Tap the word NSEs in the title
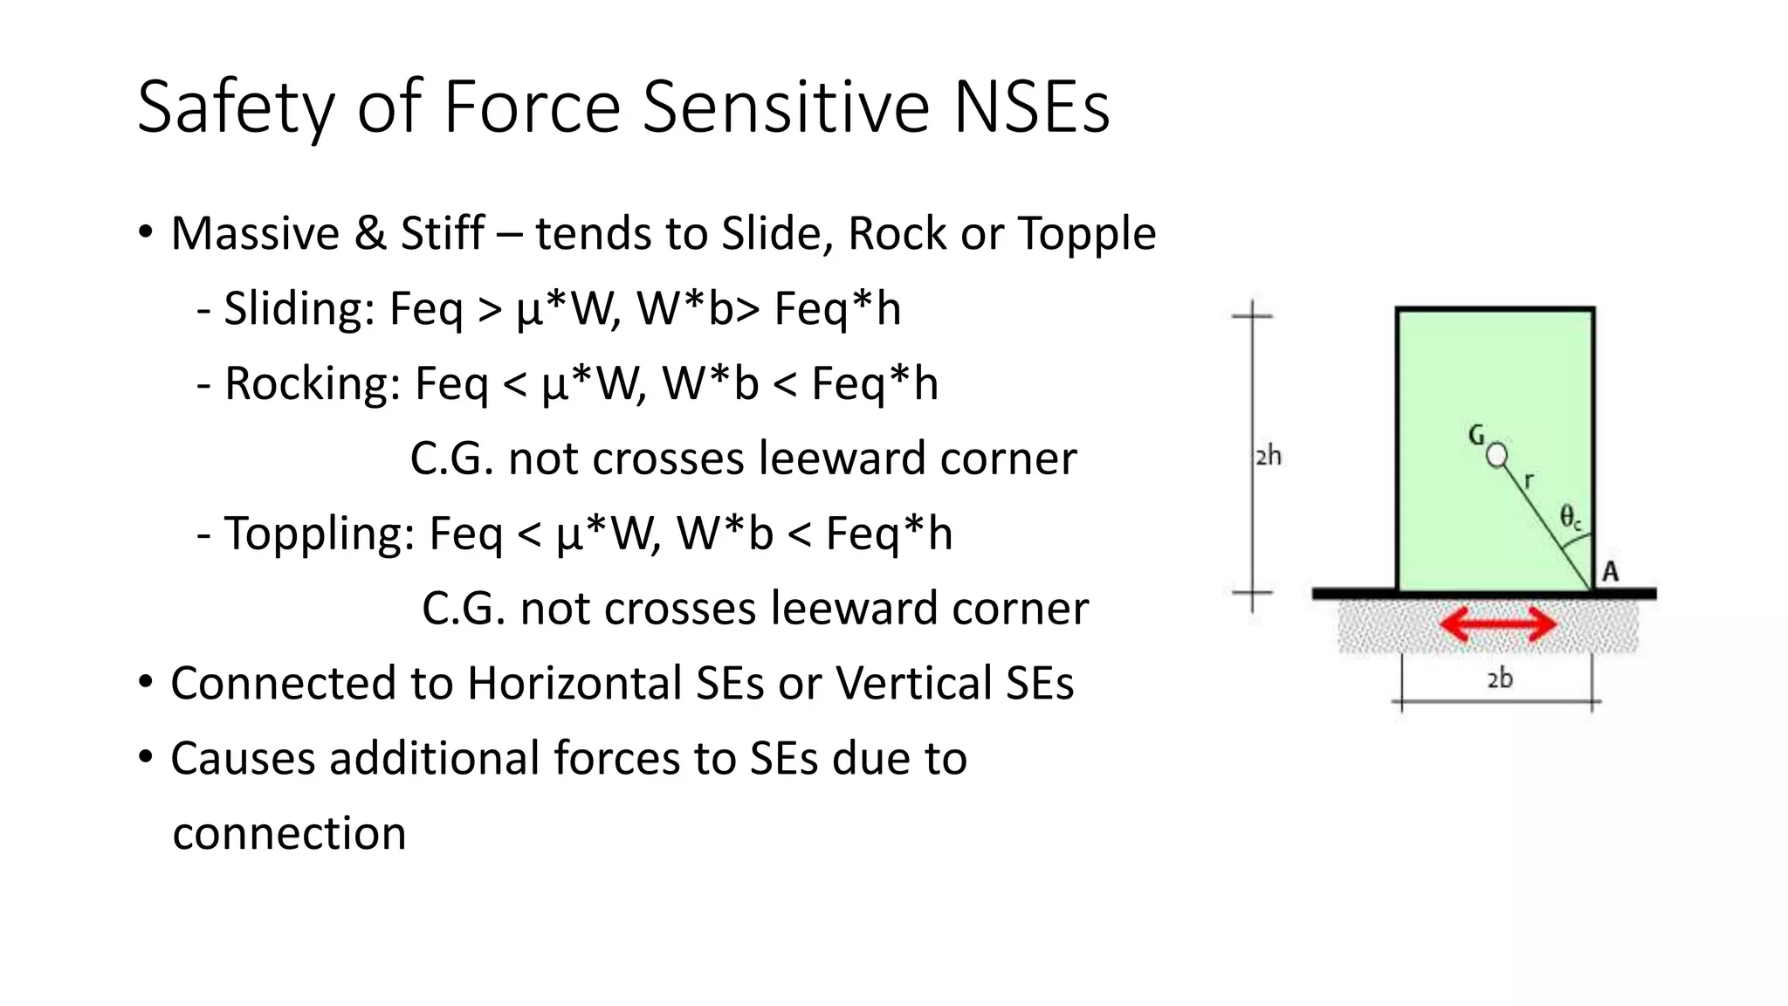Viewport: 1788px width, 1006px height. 1031,107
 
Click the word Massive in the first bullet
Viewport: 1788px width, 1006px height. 255,234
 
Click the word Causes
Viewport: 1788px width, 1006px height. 242,758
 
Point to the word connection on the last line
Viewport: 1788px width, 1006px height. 289,834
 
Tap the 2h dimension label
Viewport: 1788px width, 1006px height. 1269,456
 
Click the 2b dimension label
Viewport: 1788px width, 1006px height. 1499,679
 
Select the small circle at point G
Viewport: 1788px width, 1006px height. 1497,455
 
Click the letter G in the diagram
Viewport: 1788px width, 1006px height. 1476,435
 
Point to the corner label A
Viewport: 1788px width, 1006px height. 1611,572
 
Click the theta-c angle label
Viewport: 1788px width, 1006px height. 1571,517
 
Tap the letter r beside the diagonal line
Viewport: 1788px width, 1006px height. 1529,480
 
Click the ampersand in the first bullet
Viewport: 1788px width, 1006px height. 370,234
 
